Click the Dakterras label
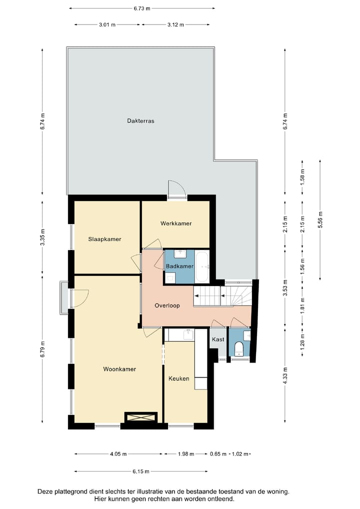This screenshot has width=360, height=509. pyautogui.click(x=140, y=121)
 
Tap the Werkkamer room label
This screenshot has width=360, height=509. pyautogui.click(x=176, y=223)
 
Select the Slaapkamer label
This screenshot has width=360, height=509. pyautogui.click(x=104, y=239)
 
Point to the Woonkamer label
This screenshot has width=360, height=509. pyautogui.click(x=119, y=369)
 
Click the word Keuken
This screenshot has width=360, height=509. pyautogui.click(x=178, y=378)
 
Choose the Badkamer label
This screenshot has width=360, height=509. pyautogui.click(x=179, y=266)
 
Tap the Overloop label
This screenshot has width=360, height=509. pyautogui.click(x=167, y=305)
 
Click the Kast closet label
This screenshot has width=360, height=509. pyautogui.click(x=218, y=339)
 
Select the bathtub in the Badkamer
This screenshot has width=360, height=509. pyautogui.click(x=202, y=266)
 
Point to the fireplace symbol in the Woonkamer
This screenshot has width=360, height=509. pyautogui.click(x=141, y=417)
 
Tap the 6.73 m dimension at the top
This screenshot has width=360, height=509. pyautogui.click(x=142, y=8)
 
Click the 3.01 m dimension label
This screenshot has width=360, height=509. pyautogui.click(x=107, y=24)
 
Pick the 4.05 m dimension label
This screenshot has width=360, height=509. pyautogui.click(x=118, y=454)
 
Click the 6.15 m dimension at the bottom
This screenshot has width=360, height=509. pyautogui.click(x=141, y=471)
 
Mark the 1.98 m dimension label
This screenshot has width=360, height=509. pyautogui.click(x=186, y=454)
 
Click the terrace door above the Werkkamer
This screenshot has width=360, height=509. pyautogui.click(x=177, y=188)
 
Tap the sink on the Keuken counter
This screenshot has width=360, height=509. pyautogui.click(x=188, y=334)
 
